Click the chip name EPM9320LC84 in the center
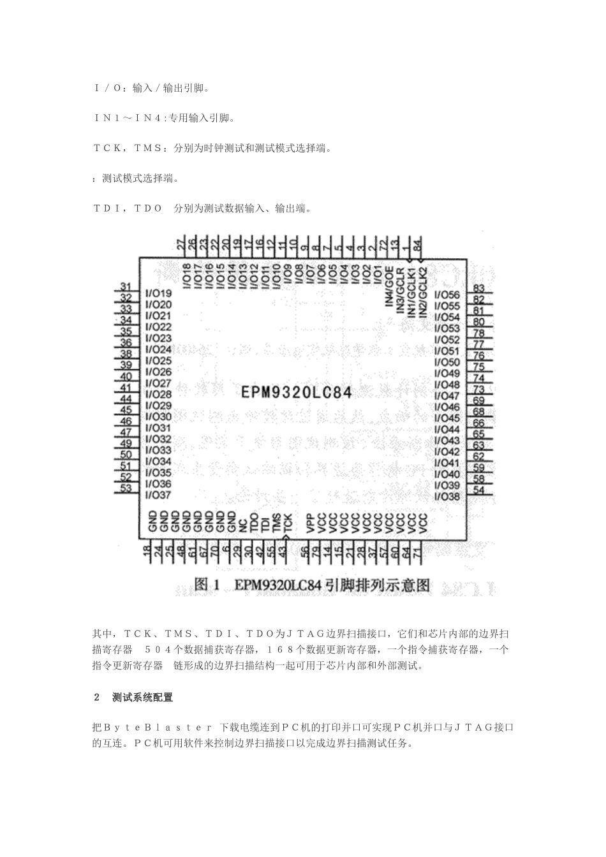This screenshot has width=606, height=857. pos(297,391)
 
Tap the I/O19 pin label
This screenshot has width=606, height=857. pos(159,293)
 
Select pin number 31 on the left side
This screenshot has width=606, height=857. pos(126,287)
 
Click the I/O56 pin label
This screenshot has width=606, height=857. pos(447,295)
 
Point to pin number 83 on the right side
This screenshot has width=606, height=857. pos(478,289)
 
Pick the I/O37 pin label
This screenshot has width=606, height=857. pos(159,495)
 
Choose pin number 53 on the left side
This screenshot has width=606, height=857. pos(126,488)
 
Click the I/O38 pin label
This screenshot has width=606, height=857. pos(447,496)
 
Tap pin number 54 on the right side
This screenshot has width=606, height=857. pos(478,490)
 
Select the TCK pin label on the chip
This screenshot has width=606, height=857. pos(288,523)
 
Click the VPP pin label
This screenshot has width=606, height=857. pos(309,523)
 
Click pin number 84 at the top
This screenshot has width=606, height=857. pos(417,244)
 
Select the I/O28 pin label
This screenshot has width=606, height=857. pos(159,394)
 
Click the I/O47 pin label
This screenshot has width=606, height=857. pos(447,395)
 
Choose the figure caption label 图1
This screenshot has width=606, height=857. pos(207,584)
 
